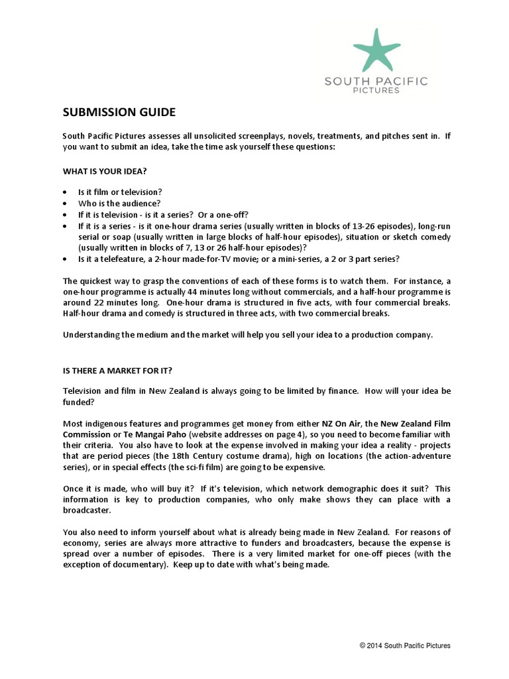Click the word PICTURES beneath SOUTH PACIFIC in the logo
pos(376,91)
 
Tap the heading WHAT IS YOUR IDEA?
pos(105,170)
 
